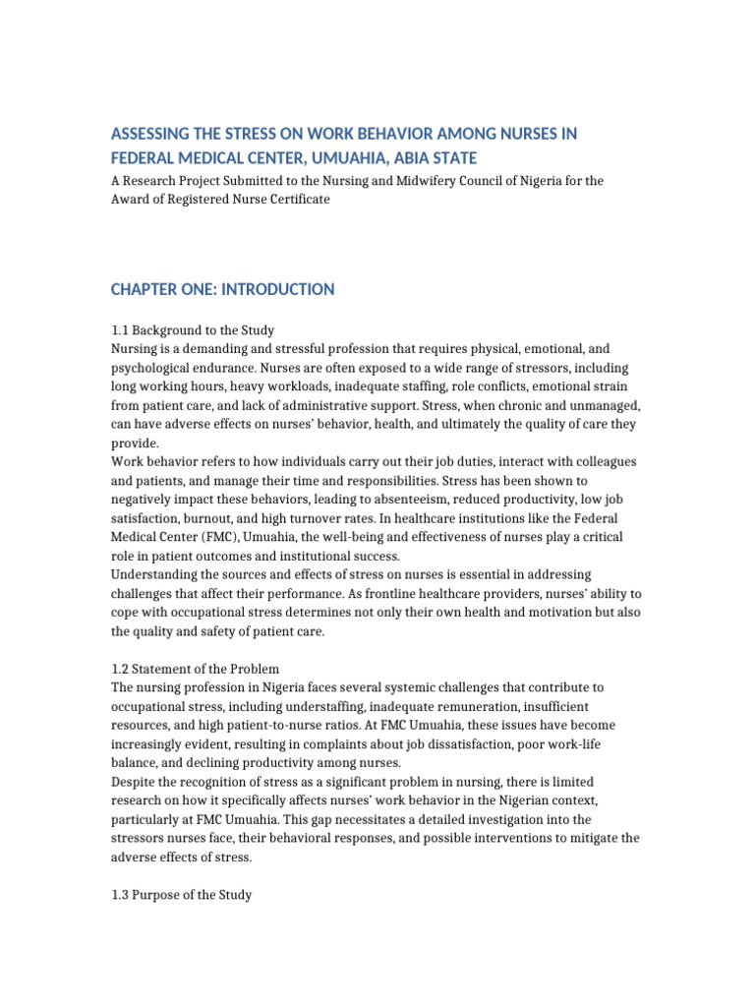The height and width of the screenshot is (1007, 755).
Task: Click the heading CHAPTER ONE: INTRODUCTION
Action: coord(222,289)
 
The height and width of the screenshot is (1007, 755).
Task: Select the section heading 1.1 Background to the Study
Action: coord(192,329)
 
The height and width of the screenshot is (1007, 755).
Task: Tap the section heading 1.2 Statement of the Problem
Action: coord(195,670)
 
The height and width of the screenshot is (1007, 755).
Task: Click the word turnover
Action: coord(309,518)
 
